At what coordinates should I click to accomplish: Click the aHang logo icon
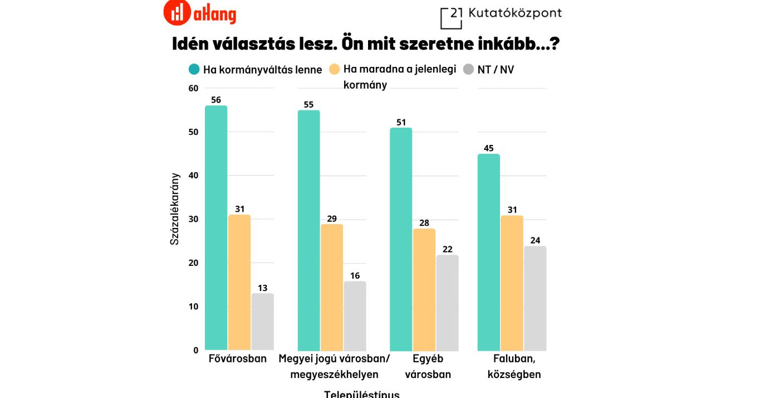pos(177,13)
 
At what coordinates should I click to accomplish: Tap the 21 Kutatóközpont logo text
pos(501,15)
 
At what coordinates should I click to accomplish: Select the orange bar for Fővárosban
pos(239,282)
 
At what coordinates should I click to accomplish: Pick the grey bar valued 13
pos(262,322)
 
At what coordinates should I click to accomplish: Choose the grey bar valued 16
pos(355,316)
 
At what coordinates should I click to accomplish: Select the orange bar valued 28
pos(424,289)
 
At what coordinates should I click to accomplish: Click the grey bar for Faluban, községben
pos(535,298)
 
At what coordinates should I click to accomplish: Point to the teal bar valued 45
pos(488,252)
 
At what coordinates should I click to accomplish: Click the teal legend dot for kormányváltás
pos(194,70)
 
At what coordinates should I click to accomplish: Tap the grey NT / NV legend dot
pos(469,70)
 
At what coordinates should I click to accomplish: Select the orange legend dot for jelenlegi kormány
pos(335,70)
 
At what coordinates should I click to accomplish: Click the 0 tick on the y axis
pos(195,350)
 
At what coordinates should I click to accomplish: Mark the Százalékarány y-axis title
pos(175,209)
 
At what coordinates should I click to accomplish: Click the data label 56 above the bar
pos(216,100)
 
